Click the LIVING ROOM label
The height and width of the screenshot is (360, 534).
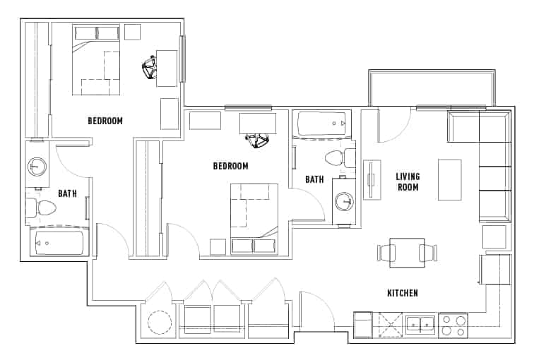click(408, 181)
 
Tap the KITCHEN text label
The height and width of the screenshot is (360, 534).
click(402, 293)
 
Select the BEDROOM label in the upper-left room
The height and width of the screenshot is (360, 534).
click(105, 121)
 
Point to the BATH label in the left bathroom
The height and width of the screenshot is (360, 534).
click(68, 192)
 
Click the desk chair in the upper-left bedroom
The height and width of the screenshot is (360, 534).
click(150, 69)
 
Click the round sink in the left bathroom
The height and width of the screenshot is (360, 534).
click(37, 167)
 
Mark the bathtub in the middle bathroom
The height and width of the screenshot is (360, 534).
click(322, 125)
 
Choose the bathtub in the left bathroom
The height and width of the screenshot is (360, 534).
click(59, 243)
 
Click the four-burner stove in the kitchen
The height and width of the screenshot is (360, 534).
click(453, 326)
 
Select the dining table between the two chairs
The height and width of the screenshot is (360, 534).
click(407, 253)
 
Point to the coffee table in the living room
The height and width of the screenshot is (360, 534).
click(449, 180)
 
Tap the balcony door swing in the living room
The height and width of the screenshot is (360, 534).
click(390, 126)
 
